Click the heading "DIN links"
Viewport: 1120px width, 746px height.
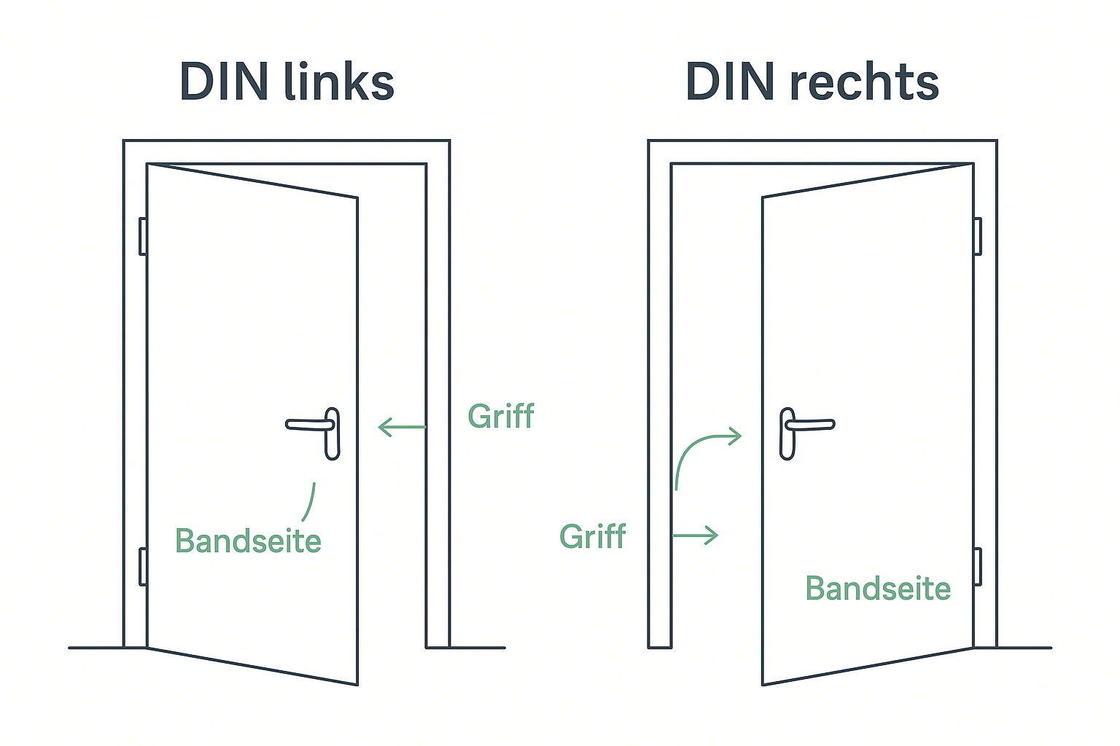pos(287,82)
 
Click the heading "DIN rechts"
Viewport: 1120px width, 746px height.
pos(812,82)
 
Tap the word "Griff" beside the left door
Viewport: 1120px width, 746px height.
pos(501,417)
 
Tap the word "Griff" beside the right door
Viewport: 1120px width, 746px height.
pos(593,537)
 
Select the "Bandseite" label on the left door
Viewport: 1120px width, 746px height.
pos(248,541)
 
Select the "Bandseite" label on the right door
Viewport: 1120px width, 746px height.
pos(878,589)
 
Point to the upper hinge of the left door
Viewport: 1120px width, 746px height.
pos(143,236)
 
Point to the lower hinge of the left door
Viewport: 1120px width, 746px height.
pos(143,567)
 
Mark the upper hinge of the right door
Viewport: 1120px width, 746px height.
pos(977,236)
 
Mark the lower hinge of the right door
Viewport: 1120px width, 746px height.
pos(977,567)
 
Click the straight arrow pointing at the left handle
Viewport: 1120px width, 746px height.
pos(402,427)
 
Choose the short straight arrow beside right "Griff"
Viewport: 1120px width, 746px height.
pos(695,535)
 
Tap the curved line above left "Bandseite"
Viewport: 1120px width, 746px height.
pos(310,501)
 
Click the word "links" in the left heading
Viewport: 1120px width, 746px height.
pos(339,82)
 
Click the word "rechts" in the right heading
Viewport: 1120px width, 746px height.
pos(865,82)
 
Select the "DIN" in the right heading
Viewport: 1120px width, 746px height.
pos(730,82)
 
